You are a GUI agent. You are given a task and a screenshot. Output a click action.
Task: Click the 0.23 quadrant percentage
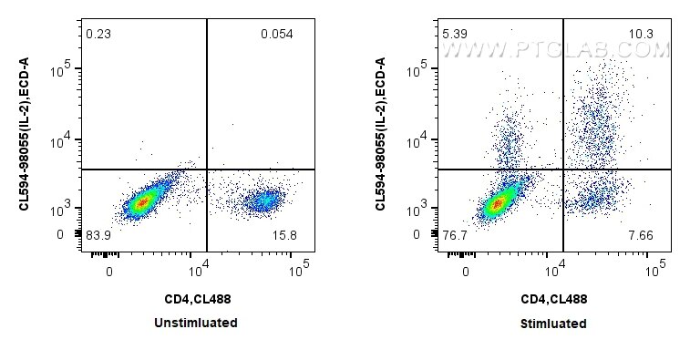coord(98,34)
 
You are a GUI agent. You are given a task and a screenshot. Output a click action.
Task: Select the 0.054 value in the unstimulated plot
coord(277,34)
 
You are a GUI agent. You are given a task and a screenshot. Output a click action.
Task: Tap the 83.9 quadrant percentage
coord(98,235)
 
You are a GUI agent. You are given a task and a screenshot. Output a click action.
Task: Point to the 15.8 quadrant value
coord(284,235)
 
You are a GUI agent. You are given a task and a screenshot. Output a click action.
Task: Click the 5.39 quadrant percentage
coord(455,34)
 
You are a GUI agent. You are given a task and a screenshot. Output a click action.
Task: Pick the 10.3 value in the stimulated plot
coord(641,34)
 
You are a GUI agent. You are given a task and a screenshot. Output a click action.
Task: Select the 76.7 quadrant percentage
coord(455,235)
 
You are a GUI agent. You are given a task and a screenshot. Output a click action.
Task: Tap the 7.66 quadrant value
coord(641,235)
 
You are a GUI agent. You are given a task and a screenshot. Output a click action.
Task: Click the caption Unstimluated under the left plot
coord(196,323)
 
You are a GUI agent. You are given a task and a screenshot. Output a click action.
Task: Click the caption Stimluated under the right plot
coord(553,324)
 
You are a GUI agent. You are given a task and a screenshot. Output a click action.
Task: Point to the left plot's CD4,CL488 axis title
coord(198,300)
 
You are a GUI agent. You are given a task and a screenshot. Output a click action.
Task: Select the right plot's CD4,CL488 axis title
coord(554,300)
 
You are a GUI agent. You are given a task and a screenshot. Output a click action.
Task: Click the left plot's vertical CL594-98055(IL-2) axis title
coord(25,134)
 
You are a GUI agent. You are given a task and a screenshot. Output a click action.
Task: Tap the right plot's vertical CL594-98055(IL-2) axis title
coord(381,134)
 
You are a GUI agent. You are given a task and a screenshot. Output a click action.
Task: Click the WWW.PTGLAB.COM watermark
coord(555,50)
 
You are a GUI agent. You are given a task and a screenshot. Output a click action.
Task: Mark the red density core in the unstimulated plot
coord(141,203)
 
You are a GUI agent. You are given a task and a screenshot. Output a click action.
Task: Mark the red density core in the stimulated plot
coord(498,204)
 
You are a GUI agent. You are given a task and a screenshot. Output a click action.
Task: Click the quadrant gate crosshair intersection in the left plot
coord(207,170)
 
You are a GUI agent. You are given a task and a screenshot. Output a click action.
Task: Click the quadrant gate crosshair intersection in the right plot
coord(563,170)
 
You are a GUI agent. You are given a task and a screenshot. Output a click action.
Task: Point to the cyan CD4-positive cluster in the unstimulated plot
coord(264,201)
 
